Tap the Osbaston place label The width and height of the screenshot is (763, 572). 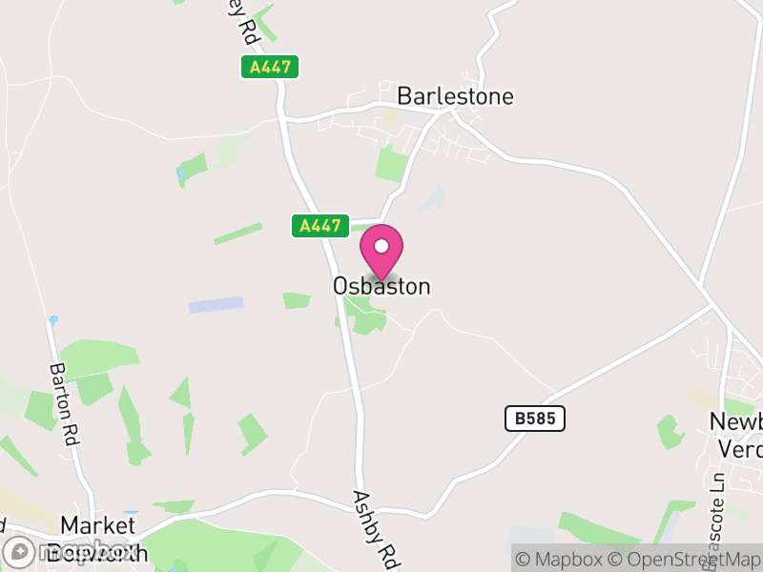(381, 286)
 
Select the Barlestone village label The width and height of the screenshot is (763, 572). (455, 96)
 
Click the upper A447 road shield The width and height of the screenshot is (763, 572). (270, 67)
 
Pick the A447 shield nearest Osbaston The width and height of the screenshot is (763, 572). (320, 226)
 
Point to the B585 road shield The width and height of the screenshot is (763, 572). (535, 418)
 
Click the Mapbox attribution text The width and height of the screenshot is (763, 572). (564, 560)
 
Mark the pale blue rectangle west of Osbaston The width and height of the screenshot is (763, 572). (216, 305)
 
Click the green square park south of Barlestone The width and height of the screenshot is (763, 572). (391, 165)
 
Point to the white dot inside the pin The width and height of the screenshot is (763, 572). (381, 246)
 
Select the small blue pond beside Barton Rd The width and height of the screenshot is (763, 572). (54, 320)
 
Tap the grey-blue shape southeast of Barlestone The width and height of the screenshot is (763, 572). (432, 198)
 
